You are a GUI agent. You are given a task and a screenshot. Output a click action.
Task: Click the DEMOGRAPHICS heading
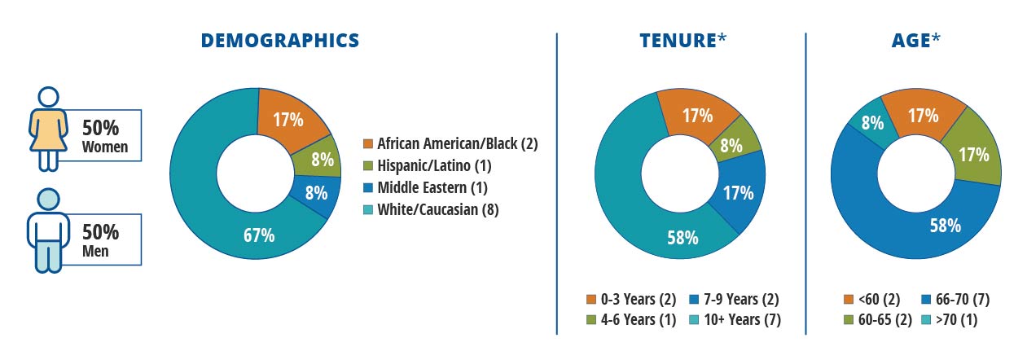pos(279,40)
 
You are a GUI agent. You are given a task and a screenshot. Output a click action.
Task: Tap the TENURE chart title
pos(680,40)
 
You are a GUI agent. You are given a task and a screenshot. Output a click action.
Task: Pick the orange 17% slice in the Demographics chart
pos(287,119)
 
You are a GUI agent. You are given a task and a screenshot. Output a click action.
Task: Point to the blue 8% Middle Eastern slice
pos(316,193)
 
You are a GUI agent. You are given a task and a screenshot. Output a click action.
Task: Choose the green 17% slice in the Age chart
pos(972,154)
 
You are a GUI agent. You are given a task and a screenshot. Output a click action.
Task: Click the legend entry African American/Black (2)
pos(450,144)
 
